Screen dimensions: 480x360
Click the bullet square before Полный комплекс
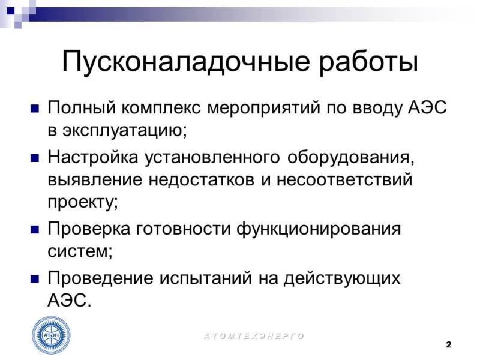pyautogui.click(x=35, y=109)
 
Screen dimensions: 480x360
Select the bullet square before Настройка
pyautogui.click(x=35, y=158)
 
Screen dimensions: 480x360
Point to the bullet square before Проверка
pyautogui.click(x=35, y=230)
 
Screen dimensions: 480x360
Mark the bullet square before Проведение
pyautogui.click(x=35, y=279)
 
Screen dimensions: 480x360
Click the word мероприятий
pyautogui.click(x=263, y=109)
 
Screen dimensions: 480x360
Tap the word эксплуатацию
pyautogui.click(x=125, y=131)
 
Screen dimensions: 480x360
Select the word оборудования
pyautogui.click(x=351, y=158)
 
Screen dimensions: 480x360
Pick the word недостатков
pyautogui.click(x=202, y=179)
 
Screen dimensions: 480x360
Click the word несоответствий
pyautogui.click(x=344, y=179)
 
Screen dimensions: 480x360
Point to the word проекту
pyautogui.click(x=83, y=202)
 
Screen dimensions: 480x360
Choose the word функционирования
pyautogui.click(x=319, y=230)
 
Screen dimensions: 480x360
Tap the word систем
pyautogui.click(x=80, y=251)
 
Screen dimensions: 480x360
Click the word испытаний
pyautogui.click(x=206, y=279)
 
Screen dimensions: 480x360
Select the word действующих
pyautogui.click(x=342, y=279)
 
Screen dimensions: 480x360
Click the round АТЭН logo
pyautogui.click(x=52, y=335)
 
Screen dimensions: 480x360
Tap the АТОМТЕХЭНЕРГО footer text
pyautogui.click(x=254, y=336)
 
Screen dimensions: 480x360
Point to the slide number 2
pyautogui.click(x=448, y=344)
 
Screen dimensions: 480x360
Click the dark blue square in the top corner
pyautogui.click(x=11, y=11)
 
